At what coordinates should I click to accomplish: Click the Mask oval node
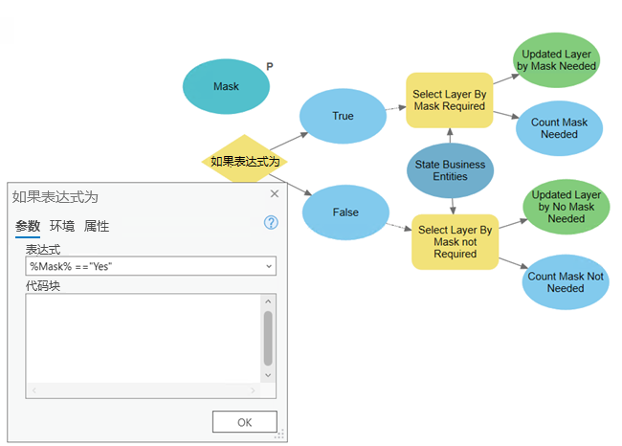pos(226,86)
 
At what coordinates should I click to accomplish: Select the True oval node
pos(343,116)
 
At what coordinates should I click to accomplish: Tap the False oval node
pos(344,212)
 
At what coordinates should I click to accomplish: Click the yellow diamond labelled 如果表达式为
pos(245,162)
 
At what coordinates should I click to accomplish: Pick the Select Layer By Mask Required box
pos(449,100)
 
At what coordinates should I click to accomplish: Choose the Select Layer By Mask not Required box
pos(455,242)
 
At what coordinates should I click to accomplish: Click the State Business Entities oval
pos(450,170)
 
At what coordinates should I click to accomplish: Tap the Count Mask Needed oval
pos(559,128)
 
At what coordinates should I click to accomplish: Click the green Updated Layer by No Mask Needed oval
pos(566,206)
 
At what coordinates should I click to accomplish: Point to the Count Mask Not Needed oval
pos(566,281)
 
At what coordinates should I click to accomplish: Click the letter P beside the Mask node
pos(270,67)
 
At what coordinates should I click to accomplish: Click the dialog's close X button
pos(275,194)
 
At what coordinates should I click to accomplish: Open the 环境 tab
pos(62,227)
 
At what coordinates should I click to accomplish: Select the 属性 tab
pos(97,227)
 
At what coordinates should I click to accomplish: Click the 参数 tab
pos(28,227)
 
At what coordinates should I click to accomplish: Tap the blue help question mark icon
pos(271,223)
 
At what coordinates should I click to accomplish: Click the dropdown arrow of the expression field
pos(268,266)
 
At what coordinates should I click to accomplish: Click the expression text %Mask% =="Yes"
pos(71,266)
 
